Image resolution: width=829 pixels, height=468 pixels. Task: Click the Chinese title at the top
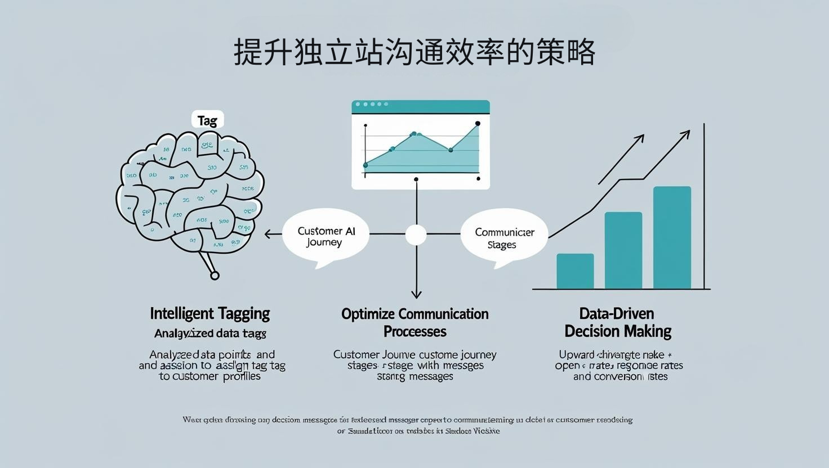[414, 52]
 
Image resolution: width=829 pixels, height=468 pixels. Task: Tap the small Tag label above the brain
[207, 120]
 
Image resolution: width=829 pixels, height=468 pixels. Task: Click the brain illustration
[191, 191]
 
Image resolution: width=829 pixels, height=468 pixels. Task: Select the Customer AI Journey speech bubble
[326, 237]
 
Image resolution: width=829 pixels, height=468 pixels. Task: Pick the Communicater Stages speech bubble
[504, 238]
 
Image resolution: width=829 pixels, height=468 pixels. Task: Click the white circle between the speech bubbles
[416, 235]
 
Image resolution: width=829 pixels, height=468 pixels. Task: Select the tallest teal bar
[672, 237]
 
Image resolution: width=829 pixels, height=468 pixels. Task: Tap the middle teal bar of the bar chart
[623, 250]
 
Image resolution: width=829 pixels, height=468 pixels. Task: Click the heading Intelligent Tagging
[210, 313]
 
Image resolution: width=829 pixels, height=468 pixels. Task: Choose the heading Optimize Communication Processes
[415, 322]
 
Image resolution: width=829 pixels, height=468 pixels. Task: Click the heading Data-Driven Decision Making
[618, 322]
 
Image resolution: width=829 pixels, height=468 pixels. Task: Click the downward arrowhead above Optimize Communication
[416, 294]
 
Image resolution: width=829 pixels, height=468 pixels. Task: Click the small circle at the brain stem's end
[215, 275]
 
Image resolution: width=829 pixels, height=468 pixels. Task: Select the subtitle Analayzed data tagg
[210, 334]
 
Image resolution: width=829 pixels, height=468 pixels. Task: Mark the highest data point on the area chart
[478, 123]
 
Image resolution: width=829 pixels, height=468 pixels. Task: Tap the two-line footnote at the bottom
[407, 425]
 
